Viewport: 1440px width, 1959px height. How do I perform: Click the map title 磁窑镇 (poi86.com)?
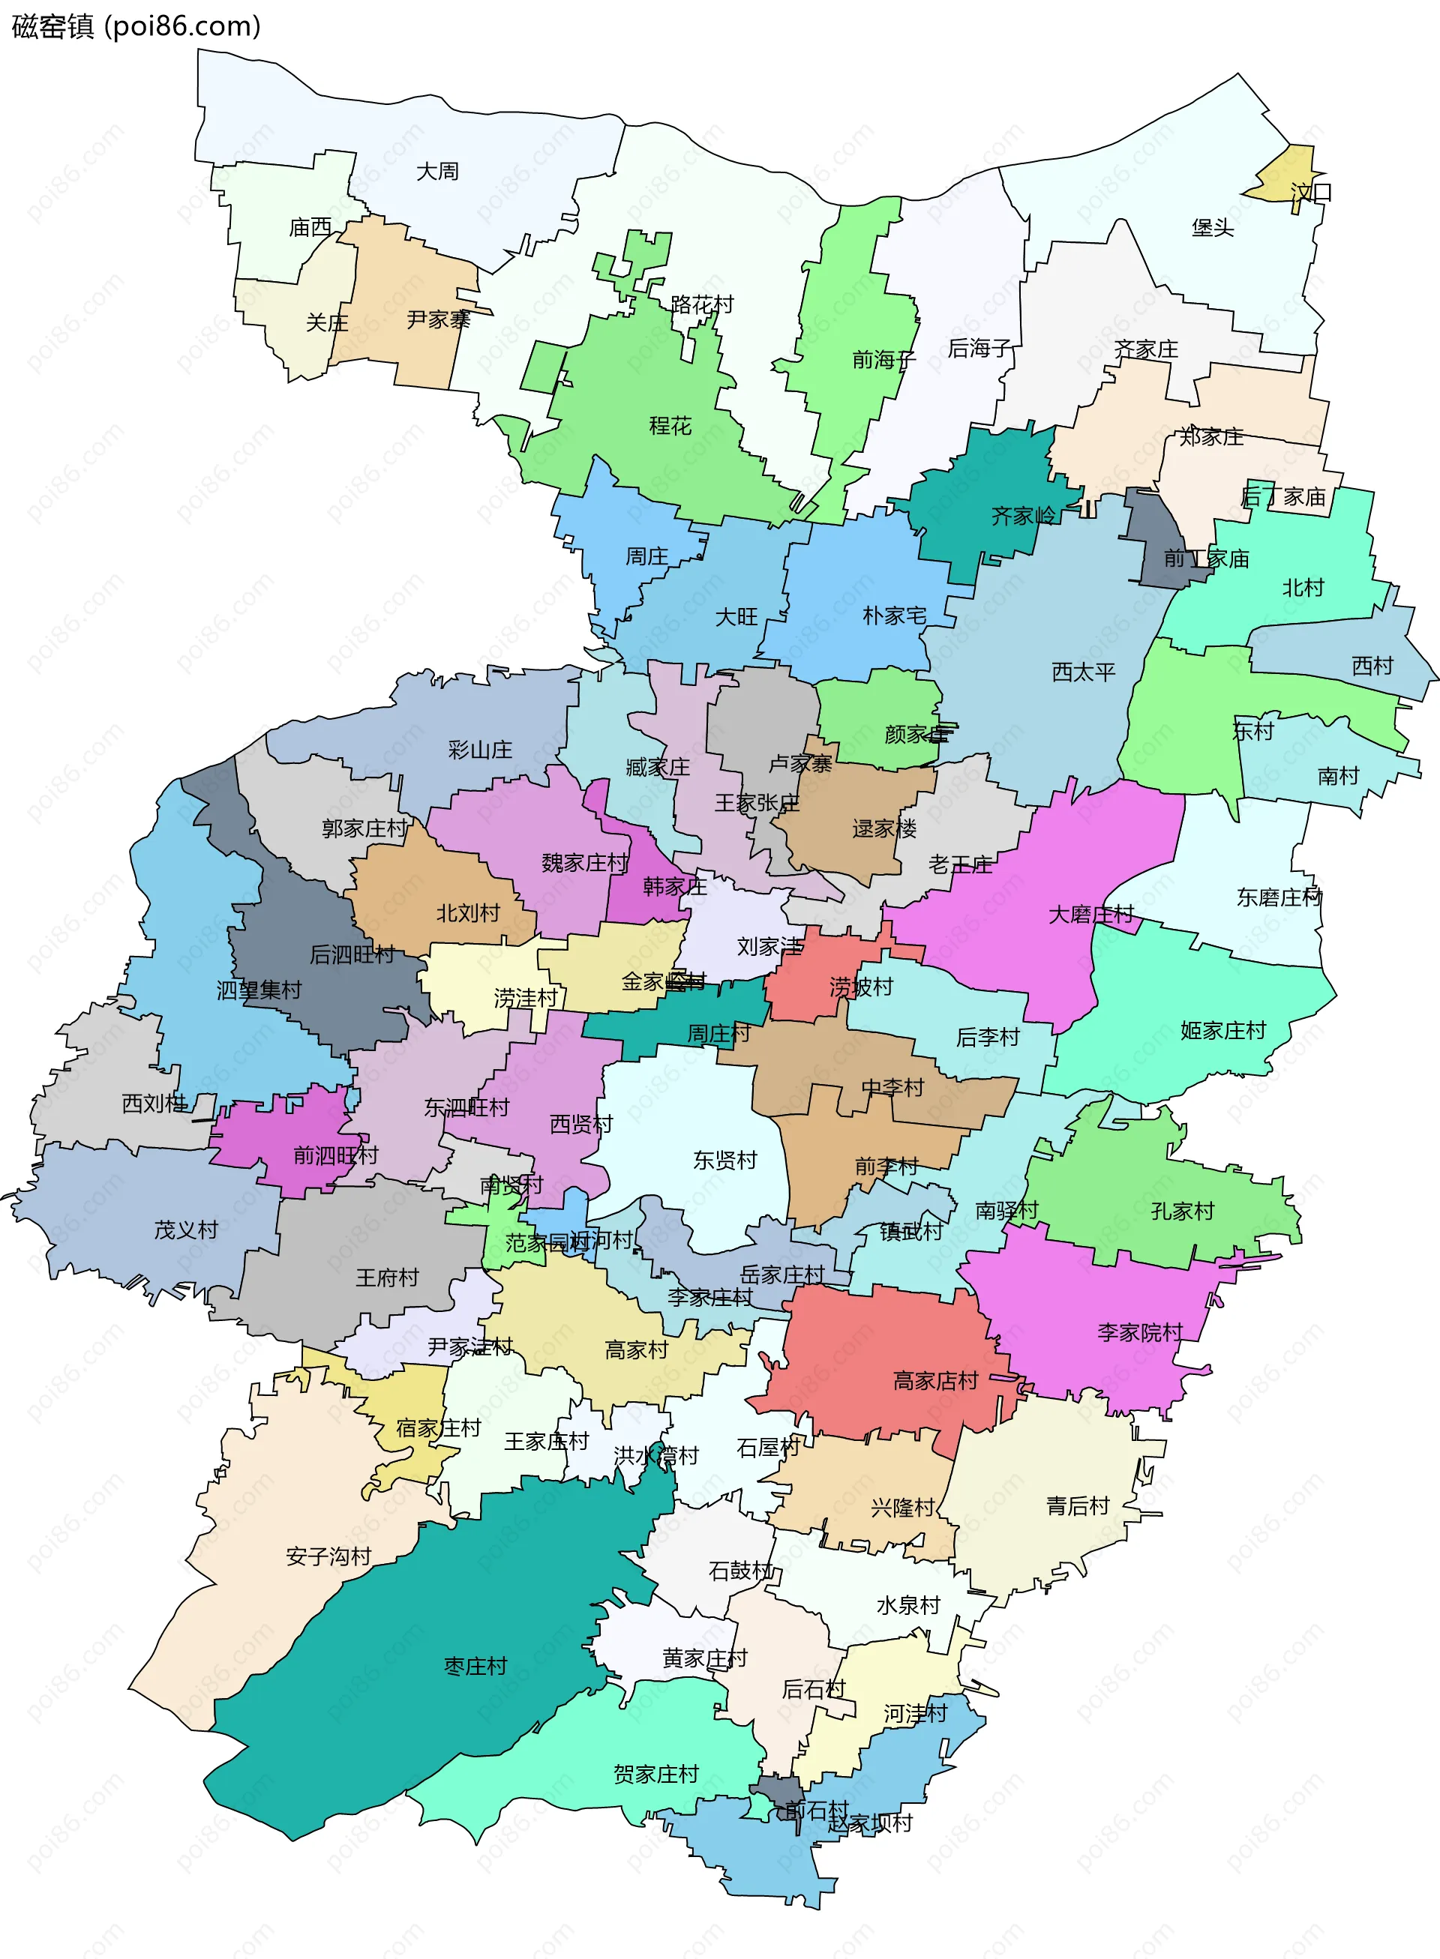[136, 26]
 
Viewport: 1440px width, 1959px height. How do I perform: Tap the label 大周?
[436, 171]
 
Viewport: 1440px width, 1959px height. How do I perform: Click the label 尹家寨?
[439, 320]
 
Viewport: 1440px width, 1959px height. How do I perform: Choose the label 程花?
[670, 425]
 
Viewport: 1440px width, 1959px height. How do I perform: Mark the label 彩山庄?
[479, 750]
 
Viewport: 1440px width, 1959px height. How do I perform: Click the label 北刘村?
[467, 913]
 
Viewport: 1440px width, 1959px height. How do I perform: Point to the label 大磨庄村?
[1090, 914]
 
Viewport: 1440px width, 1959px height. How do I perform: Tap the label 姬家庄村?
[1223, 1030]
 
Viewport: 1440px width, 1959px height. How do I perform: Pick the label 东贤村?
[724, 1160]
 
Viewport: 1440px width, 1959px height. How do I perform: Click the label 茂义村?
[186, 1230]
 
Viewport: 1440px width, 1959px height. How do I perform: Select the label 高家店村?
[935, 1380]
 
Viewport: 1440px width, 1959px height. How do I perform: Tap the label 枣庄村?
[475, 1666]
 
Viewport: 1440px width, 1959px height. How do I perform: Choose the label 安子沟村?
[328, 1556]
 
